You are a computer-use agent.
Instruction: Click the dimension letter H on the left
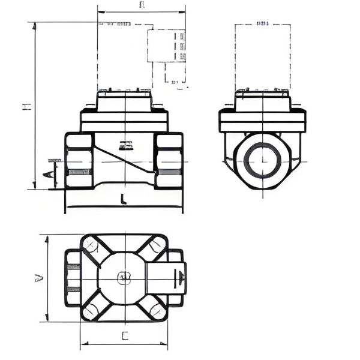(x=26, y=106)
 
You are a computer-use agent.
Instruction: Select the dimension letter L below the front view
(x=122, y=199)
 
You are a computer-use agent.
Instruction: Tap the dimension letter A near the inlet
(x=47, y=175)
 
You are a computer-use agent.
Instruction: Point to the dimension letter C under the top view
(x=125, y=337)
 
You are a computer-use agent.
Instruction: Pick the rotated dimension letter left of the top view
(x=38, y=278)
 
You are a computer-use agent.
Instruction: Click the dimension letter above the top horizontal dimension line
(x=142, y=5)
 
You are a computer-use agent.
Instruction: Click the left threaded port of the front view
(x=79, y=161)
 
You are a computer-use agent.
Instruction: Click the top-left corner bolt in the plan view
(x=89, y=245)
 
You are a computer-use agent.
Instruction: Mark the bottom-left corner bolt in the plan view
(x=89, y=310)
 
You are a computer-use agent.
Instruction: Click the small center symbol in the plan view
(x=123, y=277)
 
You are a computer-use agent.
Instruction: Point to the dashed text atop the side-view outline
(x=262, y=24)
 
